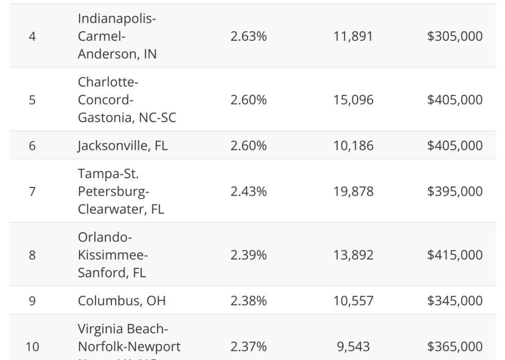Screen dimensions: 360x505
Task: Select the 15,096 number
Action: [353, 100]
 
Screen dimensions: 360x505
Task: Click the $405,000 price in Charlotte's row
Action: [451, 100]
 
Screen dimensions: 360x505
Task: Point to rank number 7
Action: [32, 192]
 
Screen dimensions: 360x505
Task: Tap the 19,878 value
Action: [353, 192]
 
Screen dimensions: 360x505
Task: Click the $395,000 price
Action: [451, 192]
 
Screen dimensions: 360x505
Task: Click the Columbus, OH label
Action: [122, 301]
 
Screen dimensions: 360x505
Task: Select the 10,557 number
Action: [353, 301]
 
